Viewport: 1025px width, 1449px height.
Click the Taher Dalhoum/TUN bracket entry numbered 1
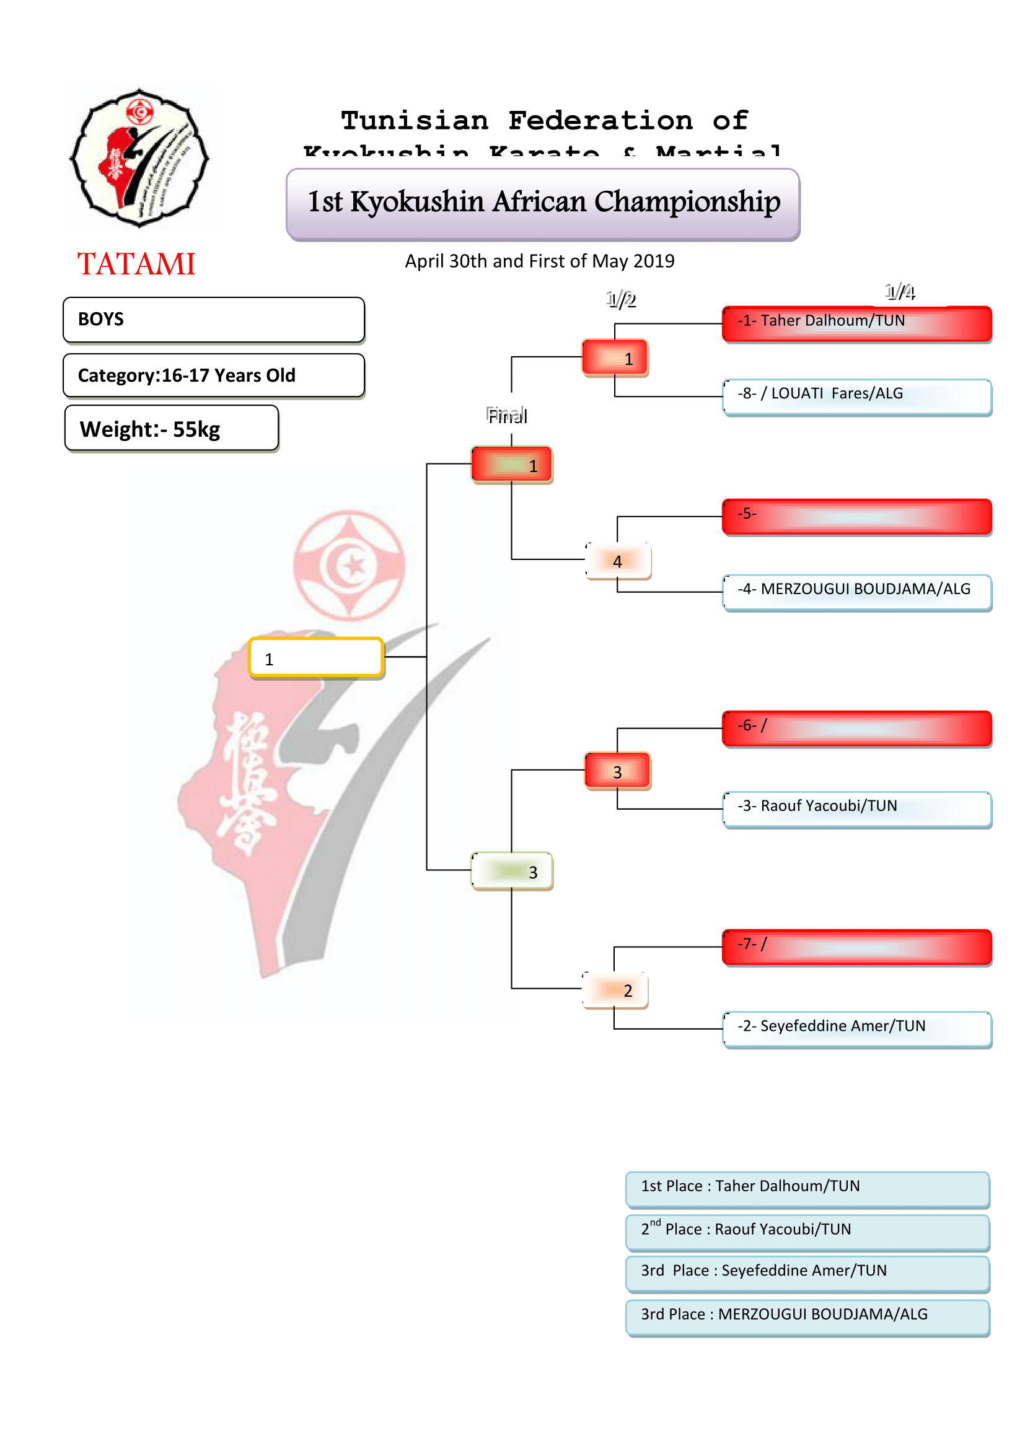[856, 324]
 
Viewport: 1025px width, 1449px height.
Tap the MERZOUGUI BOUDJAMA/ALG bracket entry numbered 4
[856, 592]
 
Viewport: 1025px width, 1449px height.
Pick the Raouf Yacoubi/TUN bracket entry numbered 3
[856, 809]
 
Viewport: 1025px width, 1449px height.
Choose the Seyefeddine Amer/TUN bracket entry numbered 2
[856, 1030]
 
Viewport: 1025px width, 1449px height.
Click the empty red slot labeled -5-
[856, 516]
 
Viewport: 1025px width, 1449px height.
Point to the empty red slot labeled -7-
[856, 947]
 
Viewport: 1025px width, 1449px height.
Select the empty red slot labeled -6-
[856, 729]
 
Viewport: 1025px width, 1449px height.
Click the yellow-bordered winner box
[315, 658]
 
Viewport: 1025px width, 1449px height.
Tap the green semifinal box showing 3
[512, 871]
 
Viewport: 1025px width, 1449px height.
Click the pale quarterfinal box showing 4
[618, 561]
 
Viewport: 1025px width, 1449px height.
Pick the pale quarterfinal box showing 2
[615, 989]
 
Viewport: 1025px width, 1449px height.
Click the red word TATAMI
[136, 264]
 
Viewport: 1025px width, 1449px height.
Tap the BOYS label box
[213, 319]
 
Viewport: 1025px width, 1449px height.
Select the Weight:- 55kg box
[171, 429]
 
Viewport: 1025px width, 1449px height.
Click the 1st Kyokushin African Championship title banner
[543, 204]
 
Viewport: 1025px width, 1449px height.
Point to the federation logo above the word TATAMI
[139, 158]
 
